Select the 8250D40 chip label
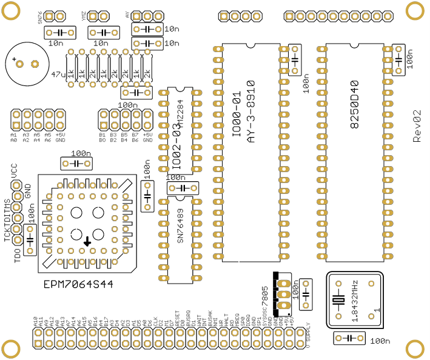(x=354, y=104)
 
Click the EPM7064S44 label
(x=78, y=284)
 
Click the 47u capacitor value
(x=59, y=75)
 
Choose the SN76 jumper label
(x=40, y=17)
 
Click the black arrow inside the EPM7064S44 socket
(x=87, y=241)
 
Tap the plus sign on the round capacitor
(x=13, y=59)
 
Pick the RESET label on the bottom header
(x=177, y=319)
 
